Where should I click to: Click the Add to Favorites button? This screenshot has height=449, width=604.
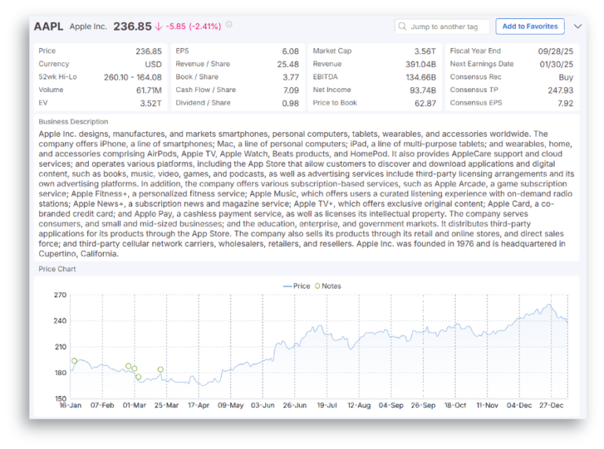(x=529, y=26)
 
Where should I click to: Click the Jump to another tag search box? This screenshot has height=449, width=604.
(x=442, y=27)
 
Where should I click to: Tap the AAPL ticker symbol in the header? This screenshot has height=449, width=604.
(x=49, y=26)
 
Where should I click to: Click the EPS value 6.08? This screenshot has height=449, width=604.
(x=289, y=51)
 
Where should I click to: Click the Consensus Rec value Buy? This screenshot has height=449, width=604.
(x=565, y=77)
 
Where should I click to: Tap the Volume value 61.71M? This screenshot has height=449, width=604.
(x=146, y=90)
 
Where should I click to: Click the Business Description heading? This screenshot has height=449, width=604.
(x=73, y=122)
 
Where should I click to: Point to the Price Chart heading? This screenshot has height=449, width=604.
(x=57, y=269)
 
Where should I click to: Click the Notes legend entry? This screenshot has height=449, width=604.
(x=327, y=286)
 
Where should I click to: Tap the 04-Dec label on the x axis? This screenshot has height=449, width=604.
(x=519, y=406)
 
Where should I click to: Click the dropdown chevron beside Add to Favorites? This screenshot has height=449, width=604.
(x=578, y=26)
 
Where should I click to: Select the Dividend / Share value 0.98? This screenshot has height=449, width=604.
(x=289, y=103)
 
